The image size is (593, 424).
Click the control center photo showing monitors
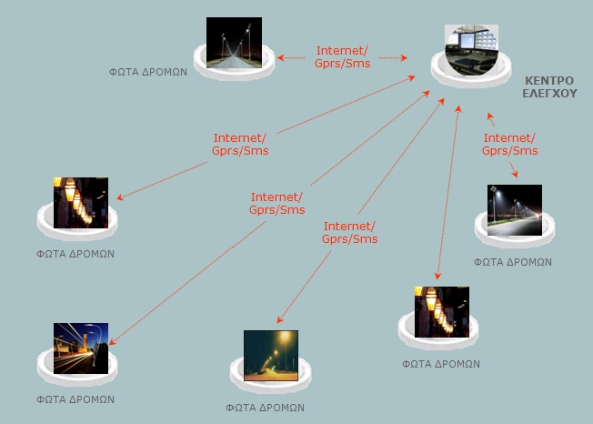click(x=472, y=51)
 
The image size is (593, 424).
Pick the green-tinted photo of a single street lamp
click(x=270, y=355)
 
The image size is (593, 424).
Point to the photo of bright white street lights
click(x=514, y=210)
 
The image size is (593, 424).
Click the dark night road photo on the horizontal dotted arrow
click(x=234, y=43)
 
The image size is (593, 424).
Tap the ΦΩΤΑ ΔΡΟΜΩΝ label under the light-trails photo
click(x=75, y=399)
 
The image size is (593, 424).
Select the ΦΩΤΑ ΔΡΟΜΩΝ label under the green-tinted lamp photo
click(x=266, y=408)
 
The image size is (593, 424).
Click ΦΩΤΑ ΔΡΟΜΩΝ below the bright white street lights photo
click(x=513, y=261)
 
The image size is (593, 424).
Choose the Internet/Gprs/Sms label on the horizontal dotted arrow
click(x=343, y=57)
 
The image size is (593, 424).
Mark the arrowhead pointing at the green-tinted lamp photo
click(x=280, y=320)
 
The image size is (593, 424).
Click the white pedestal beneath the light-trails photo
click(x=76, y=368)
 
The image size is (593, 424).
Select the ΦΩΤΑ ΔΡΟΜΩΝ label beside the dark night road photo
click(x=148, y=71)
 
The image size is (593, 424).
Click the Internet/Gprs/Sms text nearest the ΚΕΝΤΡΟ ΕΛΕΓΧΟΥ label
click(x=509, y=144)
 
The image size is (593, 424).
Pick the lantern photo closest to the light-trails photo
click(x=80, y=202)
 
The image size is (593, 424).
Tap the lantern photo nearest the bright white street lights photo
click(x=441, y=311)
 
